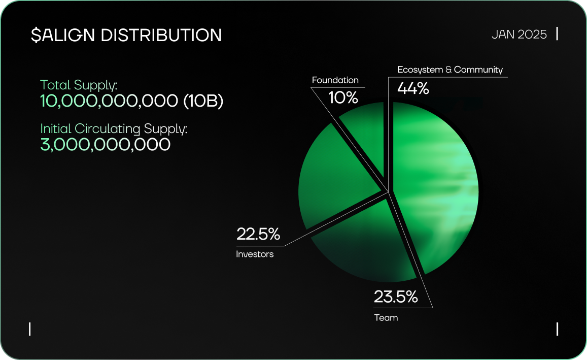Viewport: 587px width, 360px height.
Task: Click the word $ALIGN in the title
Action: click(x=63, y=35)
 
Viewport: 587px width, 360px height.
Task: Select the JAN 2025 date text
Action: click(x=519, y=35)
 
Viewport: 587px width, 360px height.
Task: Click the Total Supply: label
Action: click(x=79, y=85)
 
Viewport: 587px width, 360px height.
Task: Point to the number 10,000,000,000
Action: click(x=109, y=101)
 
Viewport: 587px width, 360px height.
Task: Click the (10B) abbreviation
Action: click(x=203, y=101)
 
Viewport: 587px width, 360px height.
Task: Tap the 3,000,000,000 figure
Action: click(x=105, y=145)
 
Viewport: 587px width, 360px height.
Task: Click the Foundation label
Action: click(x=335, y=80)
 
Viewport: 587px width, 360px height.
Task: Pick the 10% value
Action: click(x=343, y=97)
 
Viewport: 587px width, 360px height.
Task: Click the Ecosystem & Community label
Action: click(x=450, y=70)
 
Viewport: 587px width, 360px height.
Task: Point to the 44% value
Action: click(x=413, y=88)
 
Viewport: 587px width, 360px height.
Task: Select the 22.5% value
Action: click(x=258, y=234)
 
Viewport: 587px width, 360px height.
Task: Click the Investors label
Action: click(x=255, y=254)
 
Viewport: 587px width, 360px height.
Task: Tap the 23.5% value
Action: click(x=396, y=297)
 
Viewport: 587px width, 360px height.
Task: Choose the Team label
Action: click(x=386, y=318)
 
